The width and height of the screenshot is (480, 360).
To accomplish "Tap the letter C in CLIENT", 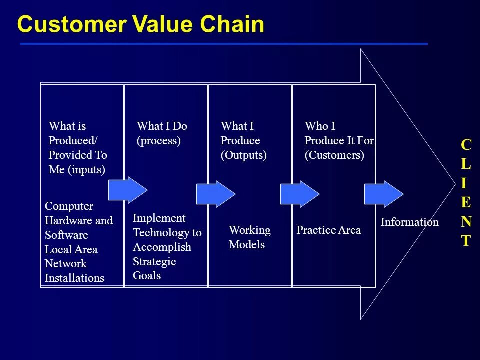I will click(x=465, y=145).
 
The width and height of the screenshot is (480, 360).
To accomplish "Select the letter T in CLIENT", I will click(x=465, y=241).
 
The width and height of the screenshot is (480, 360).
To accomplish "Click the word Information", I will click(x=409, y=222).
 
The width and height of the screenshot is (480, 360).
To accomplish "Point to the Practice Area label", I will click(x=328, y=230).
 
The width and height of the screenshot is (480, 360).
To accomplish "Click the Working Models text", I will click(x=249, y=237).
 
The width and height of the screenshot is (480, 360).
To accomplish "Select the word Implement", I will click(x=159, y=218).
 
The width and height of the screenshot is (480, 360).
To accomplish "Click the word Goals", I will click(x=147, y=276).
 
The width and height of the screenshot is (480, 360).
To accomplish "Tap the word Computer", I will click(x=69, y=206).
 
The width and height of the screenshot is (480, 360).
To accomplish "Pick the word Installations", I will click(x=74, y=278).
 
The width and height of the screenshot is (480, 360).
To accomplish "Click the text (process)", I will click(x=158, y=141).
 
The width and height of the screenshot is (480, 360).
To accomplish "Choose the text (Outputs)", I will click(x=243, y=155).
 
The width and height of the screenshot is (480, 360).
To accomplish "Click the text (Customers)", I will click(x=334, y=155).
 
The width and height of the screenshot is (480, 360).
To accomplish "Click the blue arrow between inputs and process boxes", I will click(x=127, y=190).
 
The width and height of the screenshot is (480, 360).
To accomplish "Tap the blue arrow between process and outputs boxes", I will click(x=215, y=194).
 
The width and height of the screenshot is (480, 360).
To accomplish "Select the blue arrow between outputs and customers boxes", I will click(x=299, y=194).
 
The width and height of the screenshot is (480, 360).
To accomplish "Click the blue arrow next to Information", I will click(x=383, y=194).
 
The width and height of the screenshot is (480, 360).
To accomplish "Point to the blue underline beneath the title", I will click(x=223, y=44).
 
